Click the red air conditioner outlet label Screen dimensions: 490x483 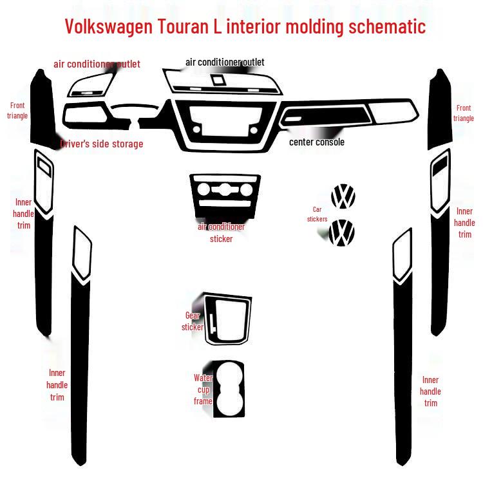97,64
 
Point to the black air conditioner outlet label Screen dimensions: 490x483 225,62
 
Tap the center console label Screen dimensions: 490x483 316,142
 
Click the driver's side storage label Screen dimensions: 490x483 102,144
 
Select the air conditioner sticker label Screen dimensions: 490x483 221,232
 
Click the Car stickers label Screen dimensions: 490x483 317,214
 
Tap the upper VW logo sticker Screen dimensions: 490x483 343,196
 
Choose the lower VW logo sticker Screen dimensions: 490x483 342,232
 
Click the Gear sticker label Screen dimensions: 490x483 193,321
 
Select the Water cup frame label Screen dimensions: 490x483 203,390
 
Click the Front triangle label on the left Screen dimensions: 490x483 17,111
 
